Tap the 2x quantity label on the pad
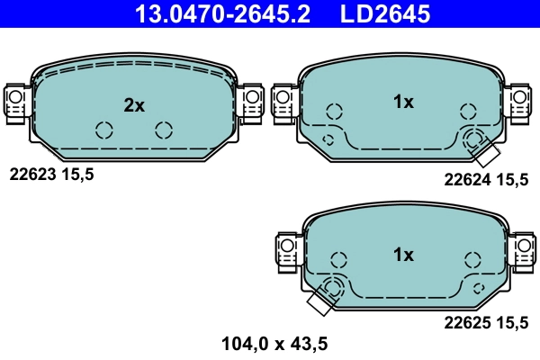click(134, 105)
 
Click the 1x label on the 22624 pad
click(403, 103)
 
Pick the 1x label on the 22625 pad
click(403, 255)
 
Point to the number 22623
click(32, 175)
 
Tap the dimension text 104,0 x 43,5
click(274, 342)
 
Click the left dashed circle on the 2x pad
click(103, 130)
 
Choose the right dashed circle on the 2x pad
click(163, 130)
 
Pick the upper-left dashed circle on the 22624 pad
click(334, 112)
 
